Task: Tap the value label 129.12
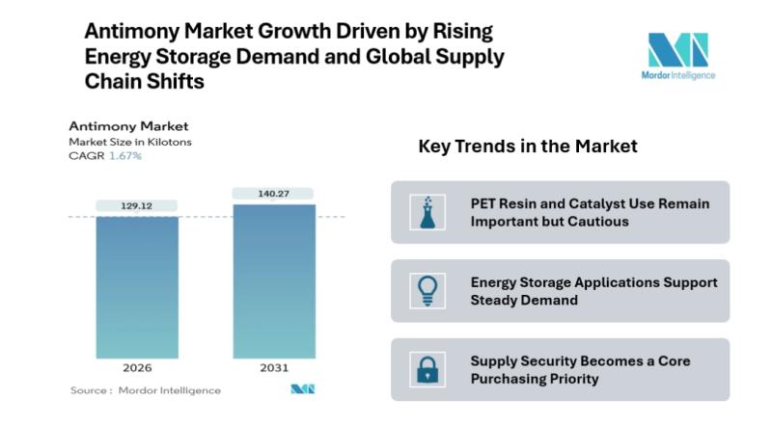137,205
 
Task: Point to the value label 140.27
274,193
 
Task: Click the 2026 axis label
137,367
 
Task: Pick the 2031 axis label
274,367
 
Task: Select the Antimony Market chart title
128,126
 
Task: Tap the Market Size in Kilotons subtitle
129,142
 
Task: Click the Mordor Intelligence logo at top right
677,56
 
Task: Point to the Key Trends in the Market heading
528,146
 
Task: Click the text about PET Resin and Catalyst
590,212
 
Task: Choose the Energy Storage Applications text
593,291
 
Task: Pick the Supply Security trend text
580,369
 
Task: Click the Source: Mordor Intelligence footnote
146,390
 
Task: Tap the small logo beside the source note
303,389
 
